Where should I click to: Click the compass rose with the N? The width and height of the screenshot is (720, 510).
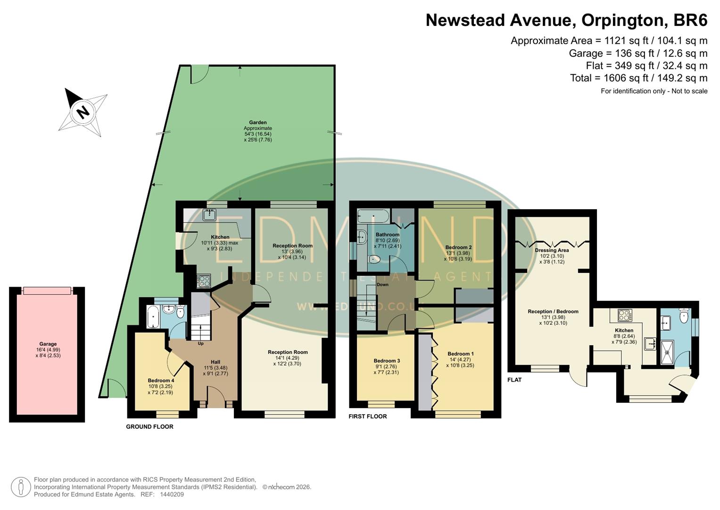pyautogui.click(x=83, y=112)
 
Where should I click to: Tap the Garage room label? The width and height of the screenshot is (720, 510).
pyautogui.click(x=48, y=344)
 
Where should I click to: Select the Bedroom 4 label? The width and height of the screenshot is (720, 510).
pyautogui.click(x=161, y=381)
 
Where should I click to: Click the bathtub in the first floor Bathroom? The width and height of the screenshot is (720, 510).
pyautogui.click(x=373, y=217)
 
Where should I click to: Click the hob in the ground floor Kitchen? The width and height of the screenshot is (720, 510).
pyautogui.click(x=204, y=281)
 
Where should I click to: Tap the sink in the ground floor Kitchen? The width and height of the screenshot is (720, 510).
pyautogui.click(x=209, y=215)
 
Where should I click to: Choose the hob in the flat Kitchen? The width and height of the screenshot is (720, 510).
pyautogui.click(x=625, y=315)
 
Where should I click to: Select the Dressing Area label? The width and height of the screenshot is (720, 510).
pyautogui.click(x=552, y=250)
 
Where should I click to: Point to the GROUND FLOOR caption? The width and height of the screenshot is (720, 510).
pyautogui.click(x=149, y=427)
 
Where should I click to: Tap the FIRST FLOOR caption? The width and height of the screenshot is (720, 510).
pyautogui.click(x=368, y=416)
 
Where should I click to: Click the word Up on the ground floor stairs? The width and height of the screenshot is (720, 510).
pyautogui.click(x=200, y=343)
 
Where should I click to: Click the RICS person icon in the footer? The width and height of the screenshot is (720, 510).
pyautogui.click(x=21, y=487)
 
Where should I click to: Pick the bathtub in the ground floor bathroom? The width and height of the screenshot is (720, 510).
pyautogui.click(x=152, y=316)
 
